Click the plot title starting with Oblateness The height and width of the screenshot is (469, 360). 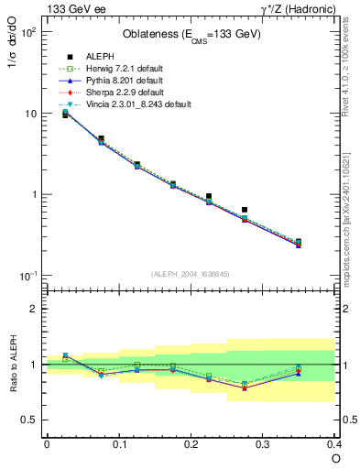pos(191,35)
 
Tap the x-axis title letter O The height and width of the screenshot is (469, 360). pos(335,457)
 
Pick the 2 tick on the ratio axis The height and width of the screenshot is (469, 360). pos(32,309)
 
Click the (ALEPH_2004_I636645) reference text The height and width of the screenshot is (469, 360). pos(191,274)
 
